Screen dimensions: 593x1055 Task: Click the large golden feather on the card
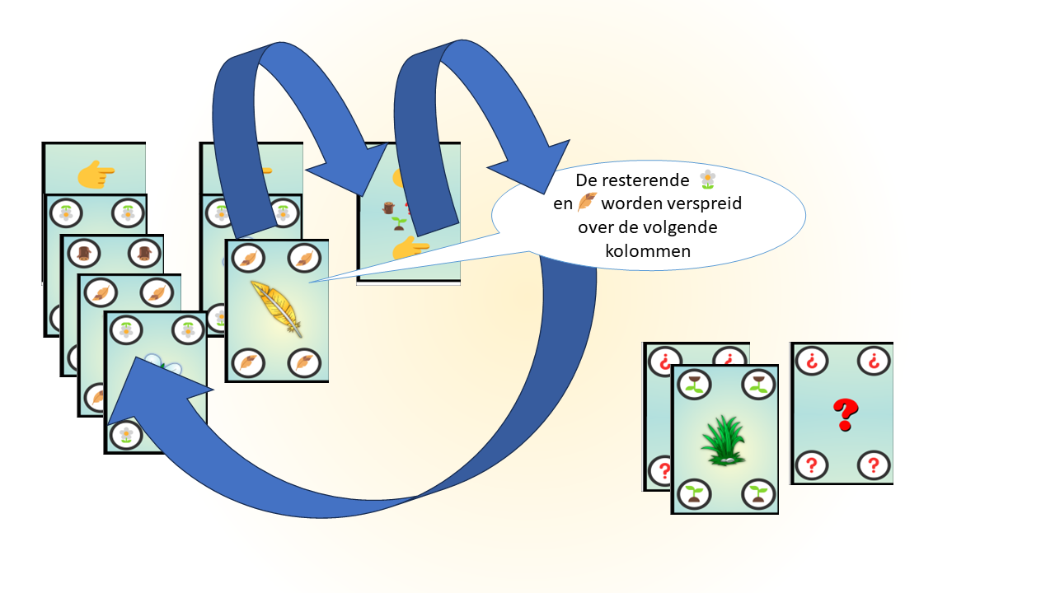[275, 308]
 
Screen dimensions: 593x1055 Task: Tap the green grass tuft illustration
[724, 441]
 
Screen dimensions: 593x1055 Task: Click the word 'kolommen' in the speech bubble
[648, 251]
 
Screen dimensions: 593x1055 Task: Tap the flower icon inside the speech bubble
[707, 179]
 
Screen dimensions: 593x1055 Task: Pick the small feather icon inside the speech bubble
[587, 203]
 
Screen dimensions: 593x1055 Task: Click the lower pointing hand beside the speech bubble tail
[410, 248]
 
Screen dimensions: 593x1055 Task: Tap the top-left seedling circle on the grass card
[696, 384]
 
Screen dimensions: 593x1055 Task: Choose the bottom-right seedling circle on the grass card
[757, 493]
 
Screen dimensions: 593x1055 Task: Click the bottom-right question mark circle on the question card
[873, 465]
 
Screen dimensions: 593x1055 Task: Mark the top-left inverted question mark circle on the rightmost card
[811, 361]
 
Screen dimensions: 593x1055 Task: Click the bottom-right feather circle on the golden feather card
[305, 362]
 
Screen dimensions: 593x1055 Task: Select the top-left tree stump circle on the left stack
[82, 253]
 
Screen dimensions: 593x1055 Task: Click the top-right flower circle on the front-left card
[188, 329]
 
